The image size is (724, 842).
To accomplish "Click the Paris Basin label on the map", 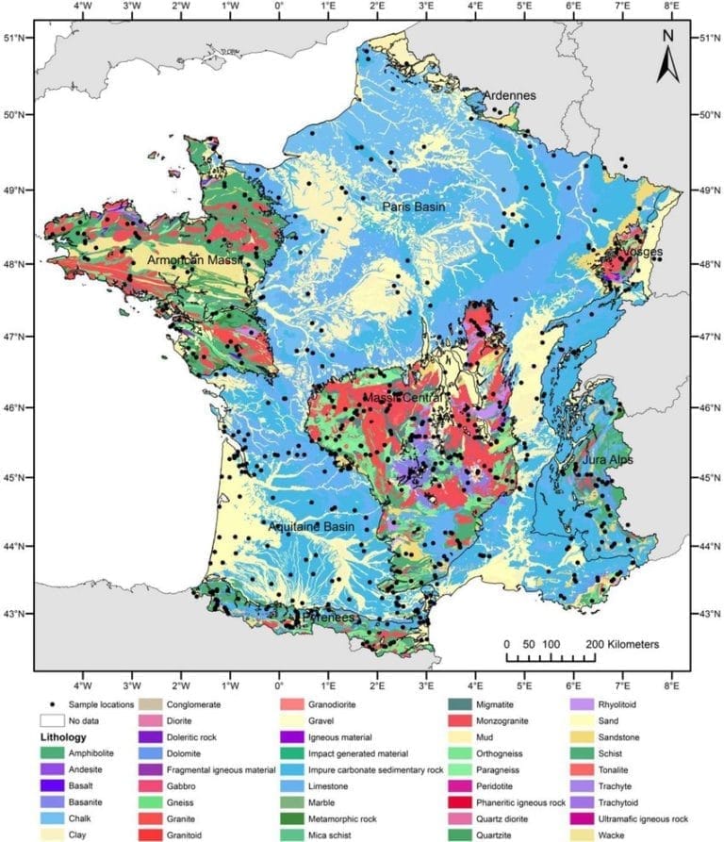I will [413, 206].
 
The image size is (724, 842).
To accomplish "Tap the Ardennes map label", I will [509, 96].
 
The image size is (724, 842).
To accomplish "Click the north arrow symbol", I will [667, 58].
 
